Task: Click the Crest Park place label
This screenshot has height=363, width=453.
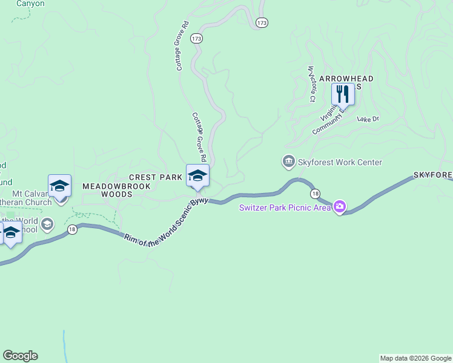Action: tap(156, 177)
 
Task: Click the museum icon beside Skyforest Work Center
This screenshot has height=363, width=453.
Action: tap(288, 162)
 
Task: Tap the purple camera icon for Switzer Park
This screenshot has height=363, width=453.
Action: tap(339, 208)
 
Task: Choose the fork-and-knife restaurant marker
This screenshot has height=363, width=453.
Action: tap(343, 94)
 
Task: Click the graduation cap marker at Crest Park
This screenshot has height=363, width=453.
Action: tap(197, 175)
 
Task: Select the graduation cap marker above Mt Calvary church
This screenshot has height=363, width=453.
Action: tap(59, 186)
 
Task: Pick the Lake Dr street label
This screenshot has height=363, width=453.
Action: tap(368, 119)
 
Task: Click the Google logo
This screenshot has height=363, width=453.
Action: tap(20, 356)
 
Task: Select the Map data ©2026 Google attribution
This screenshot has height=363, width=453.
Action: tap(415, 358)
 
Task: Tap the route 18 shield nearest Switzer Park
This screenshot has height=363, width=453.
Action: tap(315, 194)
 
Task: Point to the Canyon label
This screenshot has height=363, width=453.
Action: tap(30, 4)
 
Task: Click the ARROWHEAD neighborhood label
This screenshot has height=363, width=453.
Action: tap(346, 79)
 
